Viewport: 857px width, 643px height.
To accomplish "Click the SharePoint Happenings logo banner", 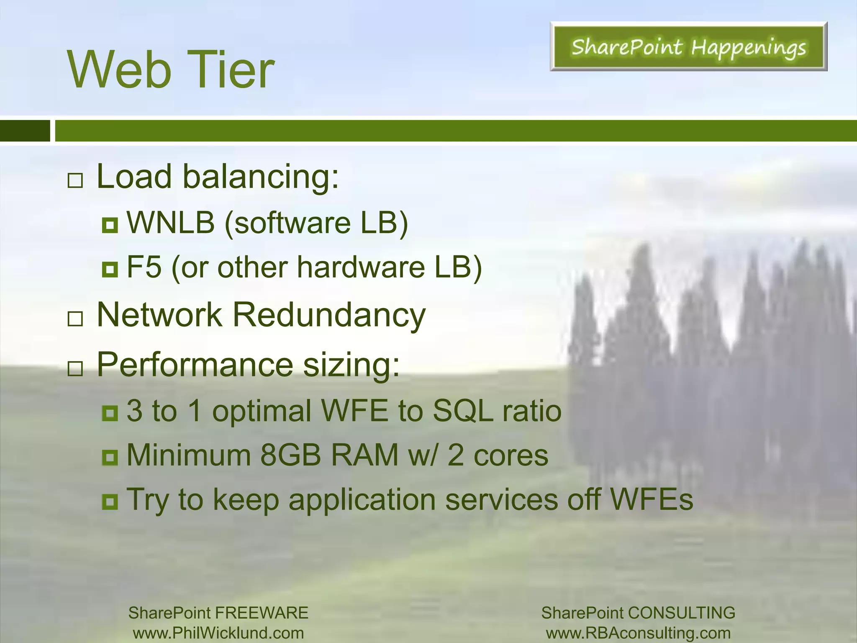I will pos(688,46).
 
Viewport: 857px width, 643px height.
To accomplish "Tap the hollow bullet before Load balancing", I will pos(75,181).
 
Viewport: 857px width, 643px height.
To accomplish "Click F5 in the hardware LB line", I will pos(144,267).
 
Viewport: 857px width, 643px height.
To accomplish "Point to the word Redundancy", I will pos(329,315).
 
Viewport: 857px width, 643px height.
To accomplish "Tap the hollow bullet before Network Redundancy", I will pos(75,319).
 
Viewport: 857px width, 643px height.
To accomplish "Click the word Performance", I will pos(195,364).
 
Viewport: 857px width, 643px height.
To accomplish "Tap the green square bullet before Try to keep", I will pos(110,501).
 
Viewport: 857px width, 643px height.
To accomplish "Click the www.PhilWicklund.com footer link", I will pos(218,633).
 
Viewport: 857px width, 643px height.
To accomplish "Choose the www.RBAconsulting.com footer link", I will pos(638,633).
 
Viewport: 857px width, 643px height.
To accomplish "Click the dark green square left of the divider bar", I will pos(25,131).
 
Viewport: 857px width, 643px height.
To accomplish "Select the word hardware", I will pos(361,267).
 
